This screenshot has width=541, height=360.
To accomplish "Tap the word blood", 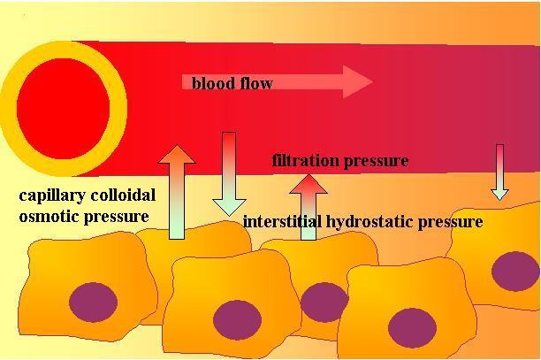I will [211, 83].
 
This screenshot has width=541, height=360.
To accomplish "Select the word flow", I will [255, 83].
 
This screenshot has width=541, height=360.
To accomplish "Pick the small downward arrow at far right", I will [500, 172].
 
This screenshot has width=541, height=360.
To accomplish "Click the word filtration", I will [306, 161].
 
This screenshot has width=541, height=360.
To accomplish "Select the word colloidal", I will [121, 196].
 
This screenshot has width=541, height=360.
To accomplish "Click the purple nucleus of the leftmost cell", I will [93, 301].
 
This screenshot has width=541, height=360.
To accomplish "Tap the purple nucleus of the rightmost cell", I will [514, 271].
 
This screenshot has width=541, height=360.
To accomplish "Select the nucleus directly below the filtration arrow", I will [324, 301].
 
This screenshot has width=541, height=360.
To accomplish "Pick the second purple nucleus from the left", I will [236, 319].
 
